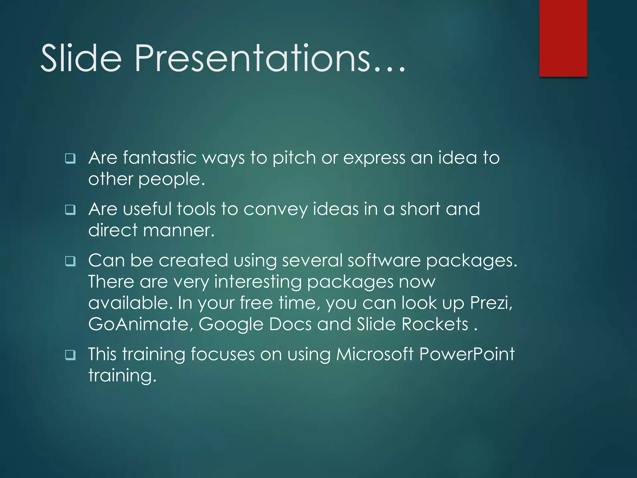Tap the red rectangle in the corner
(x=563, y=38)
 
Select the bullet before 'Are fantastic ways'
(x=70, y=159)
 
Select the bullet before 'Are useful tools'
(x=70, y=210)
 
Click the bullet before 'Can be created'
(x=70, y=261)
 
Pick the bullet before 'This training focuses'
(x=70, y=355)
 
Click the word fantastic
(x=160, y=158)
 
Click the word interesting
(x=258, y=282)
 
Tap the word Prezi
(x=491, y=303)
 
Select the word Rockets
(x=435, y=324)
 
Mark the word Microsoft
(x=375, y=354)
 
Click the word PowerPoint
(x=467, y=354)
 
